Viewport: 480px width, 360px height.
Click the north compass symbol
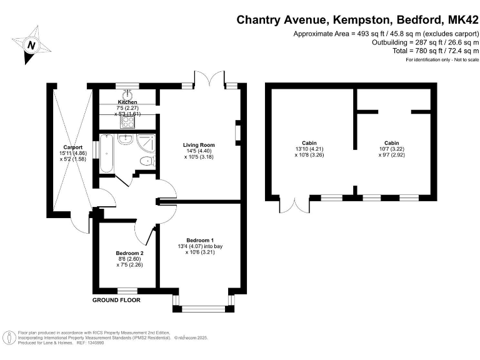[30, 44]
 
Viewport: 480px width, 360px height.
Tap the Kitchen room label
[127, 102]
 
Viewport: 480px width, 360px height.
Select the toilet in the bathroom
[146, 161]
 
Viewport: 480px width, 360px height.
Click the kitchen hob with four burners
[127, 123]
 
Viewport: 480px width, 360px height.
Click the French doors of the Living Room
[209, 79]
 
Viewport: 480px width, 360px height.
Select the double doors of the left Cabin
[294, 205]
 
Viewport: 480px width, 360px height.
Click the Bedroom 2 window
[127, 290]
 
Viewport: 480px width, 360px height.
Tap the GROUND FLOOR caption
[116, 300]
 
